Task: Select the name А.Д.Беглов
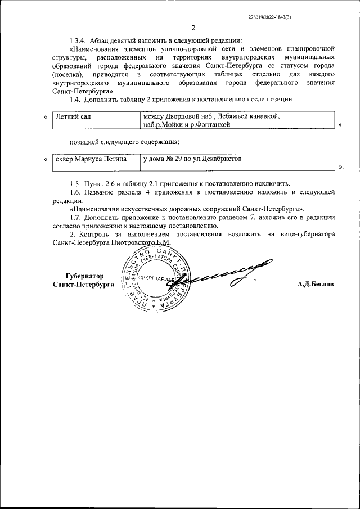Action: coord(316,285)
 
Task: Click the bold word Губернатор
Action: coord(85,277)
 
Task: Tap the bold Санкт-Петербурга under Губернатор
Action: coord(82,285)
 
